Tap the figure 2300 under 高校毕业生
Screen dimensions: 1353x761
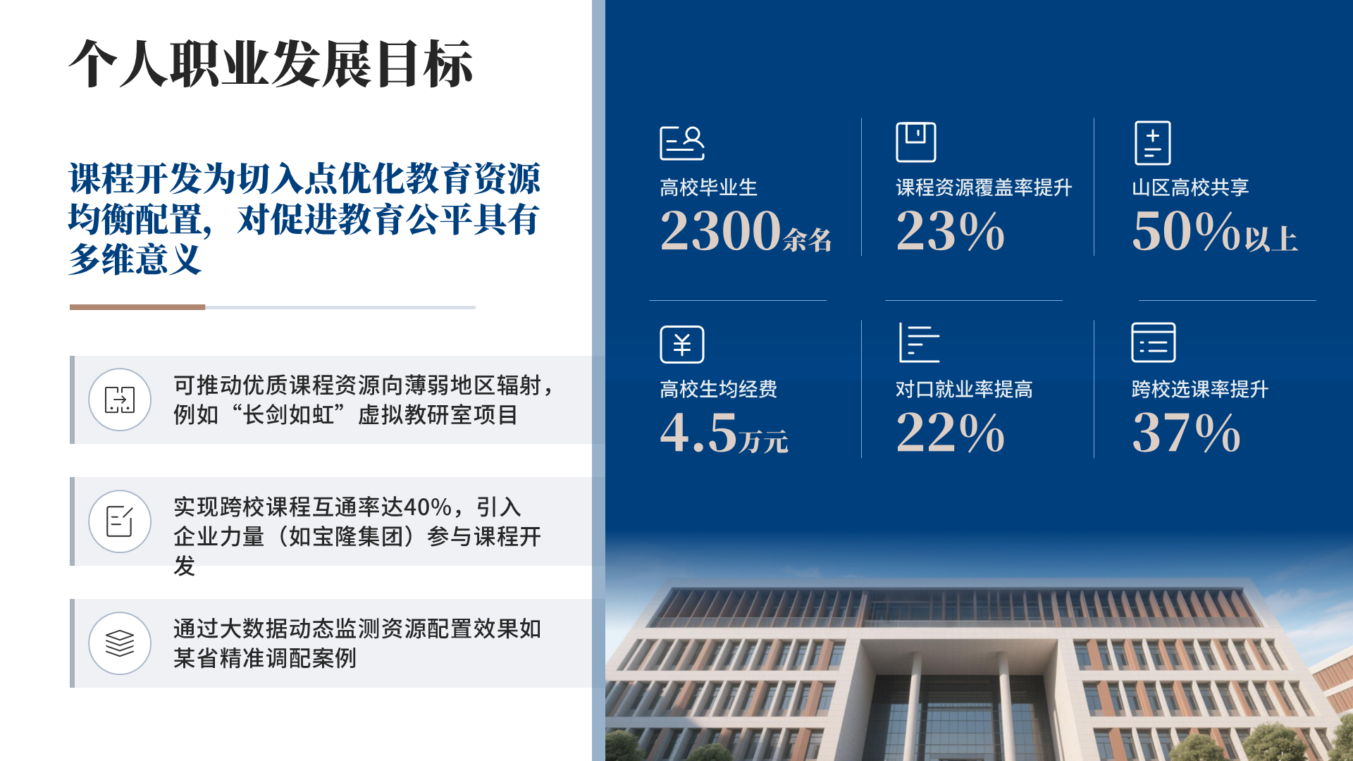coord(720,230)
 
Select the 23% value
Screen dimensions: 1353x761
coord(950,230)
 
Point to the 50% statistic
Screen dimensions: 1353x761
coord(1186,230)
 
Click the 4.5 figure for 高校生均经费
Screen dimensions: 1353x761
coord(698,432)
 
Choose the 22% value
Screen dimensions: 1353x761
coord(950,432)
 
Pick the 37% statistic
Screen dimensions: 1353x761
coord(1186,432)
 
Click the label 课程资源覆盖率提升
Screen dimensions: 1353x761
coord(984,187)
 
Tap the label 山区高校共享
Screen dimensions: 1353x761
coord(1190,187)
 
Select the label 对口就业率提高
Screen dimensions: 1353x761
coord(964,389)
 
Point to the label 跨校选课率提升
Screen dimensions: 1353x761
coord(1200,389)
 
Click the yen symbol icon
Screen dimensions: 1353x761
coord(681,345)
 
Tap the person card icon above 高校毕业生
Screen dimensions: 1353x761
coord(681,143)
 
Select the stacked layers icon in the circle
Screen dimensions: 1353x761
coord(120,643)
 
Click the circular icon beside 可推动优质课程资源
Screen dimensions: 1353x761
coord(120,400)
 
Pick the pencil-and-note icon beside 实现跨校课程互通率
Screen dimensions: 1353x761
coord(120,521)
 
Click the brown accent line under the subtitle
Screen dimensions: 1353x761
coord(137,307)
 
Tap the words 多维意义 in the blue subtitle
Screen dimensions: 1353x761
coord(135,259)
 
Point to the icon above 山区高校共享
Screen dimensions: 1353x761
coord(1153,143)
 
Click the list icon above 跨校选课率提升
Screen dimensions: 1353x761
coord(1153,342)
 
